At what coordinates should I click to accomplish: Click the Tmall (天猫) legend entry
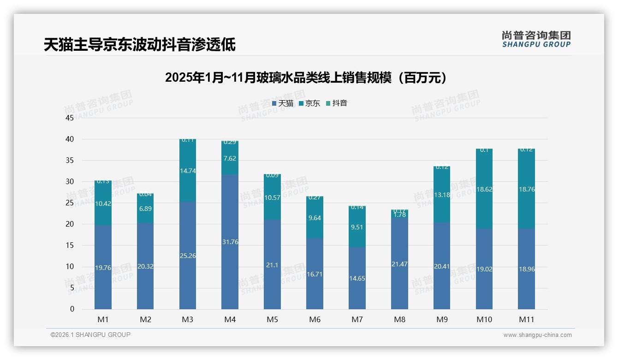(283, 103)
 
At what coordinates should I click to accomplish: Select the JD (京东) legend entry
(309, 103)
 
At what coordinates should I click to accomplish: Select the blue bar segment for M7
(357, 278)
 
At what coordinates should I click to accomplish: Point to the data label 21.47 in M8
(399, 264)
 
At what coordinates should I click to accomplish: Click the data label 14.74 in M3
(188, 171)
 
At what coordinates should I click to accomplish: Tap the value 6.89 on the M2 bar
(145, 209)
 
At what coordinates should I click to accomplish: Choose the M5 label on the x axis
(272, 319)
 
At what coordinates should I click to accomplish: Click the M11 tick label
(526, 319)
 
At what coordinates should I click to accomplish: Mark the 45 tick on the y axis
(70, 118)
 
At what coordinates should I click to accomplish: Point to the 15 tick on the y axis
(70, 246)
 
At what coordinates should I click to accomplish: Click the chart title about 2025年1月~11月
(306, 78)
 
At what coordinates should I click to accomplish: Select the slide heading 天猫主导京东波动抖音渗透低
(139, 45)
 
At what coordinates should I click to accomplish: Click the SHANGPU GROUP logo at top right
(536, 39)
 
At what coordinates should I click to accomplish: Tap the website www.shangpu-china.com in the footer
(537, 335)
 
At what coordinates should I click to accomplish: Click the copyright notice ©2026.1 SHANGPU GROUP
(90, 335)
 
